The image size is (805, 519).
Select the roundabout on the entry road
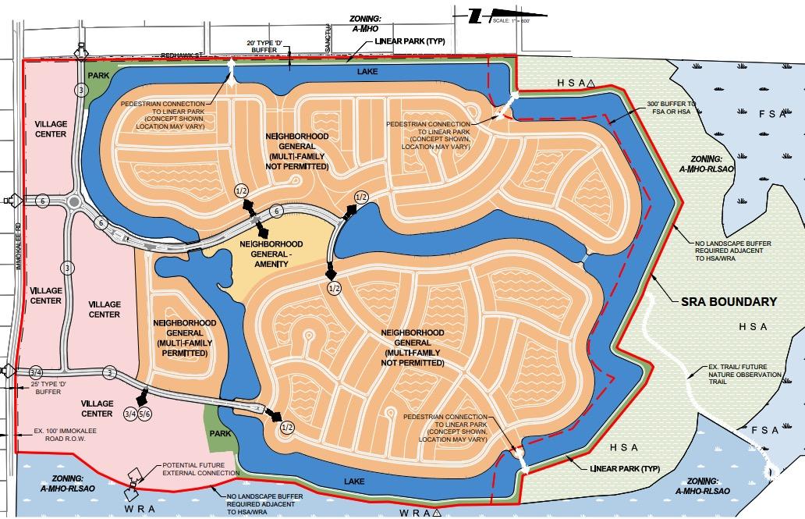(x=75, y=202)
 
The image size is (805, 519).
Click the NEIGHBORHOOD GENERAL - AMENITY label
(x=271, y=254)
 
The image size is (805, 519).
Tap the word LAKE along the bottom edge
(x=355, y=482)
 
